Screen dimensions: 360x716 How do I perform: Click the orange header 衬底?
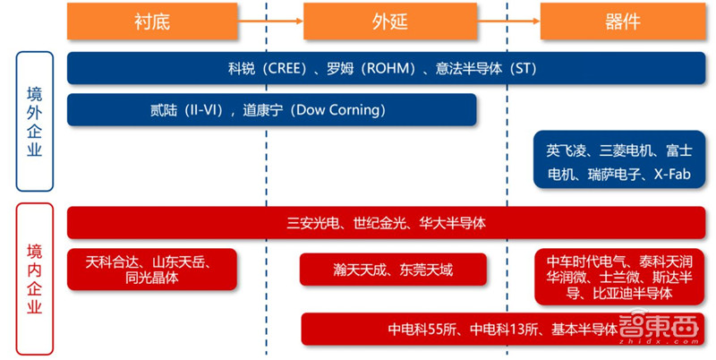pos(152,21)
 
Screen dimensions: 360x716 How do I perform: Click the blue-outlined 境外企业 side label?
pos(34,121)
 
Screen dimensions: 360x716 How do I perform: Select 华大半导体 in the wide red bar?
pos(452,222)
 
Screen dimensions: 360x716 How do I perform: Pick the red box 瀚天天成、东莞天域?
pos(392,270)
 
